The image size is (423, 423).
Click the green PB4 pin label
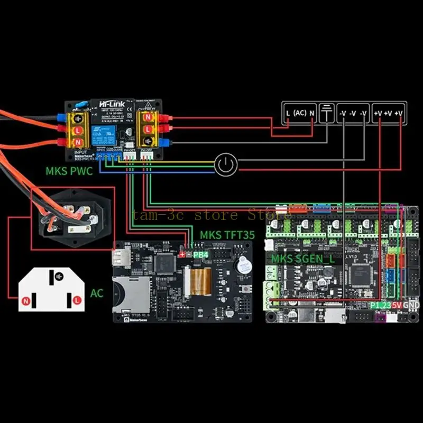201,254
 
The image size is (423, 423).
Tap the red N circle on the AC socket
25,300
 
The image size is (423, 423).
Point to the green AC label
97,292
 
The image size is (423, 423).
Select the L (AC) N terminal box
300,113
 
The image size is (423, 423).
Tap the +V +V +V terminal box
388,113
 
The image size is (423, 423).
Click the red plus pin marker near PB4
183,254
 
